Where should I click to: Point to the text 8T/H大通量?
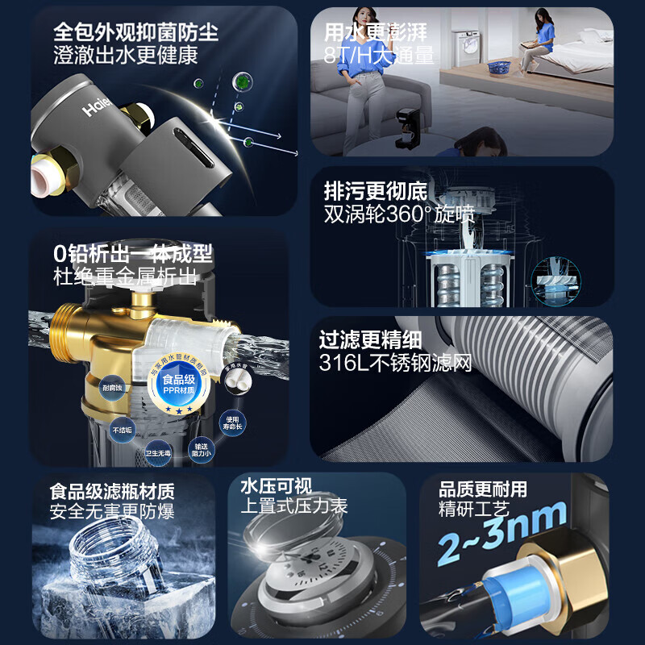pos(379,55)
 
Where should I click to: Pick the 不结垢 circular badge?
pos(123,430)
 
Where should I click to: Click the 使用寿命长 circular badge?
pos(233,422)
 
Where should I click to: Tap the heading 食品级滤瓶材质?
pos(111,490)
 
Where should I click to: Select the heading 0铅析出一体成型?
pos(133,254)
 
